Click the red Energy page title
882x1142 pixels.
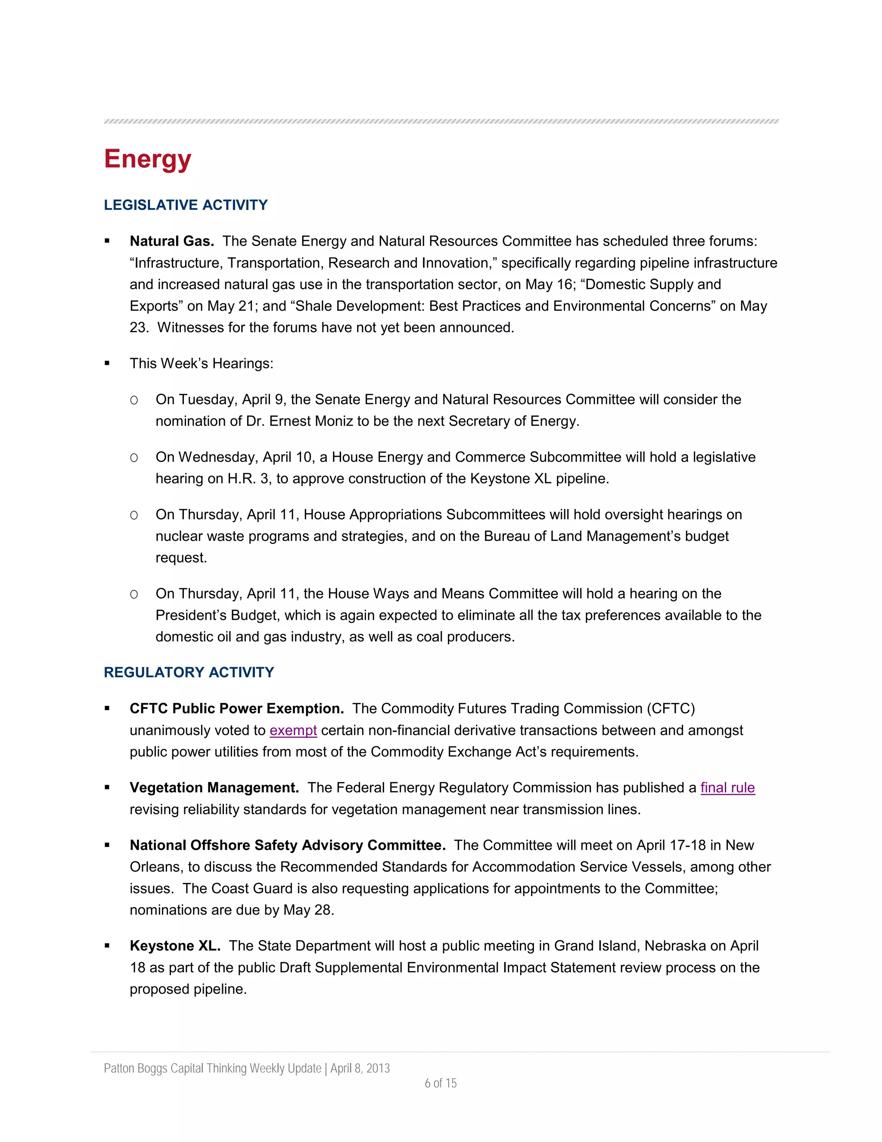point(147,159)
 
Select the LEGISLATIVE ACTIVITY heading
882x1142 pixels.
point(186,205)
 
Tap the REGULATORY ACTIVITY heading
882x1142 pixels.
point(189,672)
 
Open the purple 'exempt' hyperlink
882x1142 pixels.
point(293,730)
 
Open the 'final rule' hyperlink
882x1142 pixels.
point(727,788)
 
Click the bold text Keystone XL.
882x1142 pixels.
point(175,946)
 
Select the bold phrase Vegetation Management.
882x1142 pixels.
point(214,788)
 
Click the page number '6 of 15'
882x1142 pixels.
point(441,1083)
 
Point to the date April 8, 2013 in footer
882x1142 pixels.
point(360,1068)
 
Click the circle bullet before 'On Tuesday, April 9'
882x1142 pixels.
point(134,400)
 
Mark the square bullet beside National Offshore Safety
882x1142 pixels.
point(107,846)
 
